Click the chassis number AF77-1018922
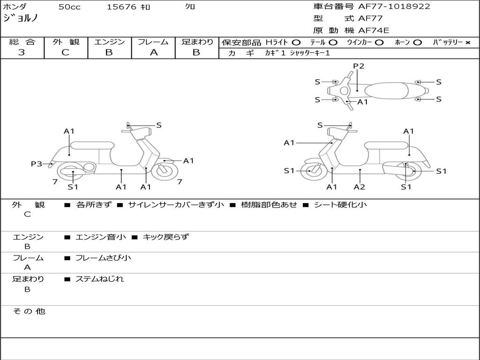coord(394,7)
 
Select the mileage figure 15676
coord(121,7)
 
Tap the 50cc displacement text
coord(69,7)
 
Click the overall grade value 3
coord(22,52)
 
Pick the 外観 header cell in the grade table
coord(66,42)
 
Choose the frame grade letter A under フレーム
coord(154,52)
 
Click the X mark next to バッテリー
coord(468,43)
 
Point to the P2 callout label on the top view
coord(359,66)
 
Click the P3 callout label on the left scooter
coord(37,164)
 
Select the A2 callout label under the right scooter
coord(360,187)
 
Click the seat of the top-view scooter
coord(386,90)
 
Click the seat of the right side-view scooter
coord(387,145)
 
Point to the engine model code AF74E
coord(374,30)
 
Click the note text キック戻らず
coord(165,237)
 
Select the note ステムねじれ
coord(99,279)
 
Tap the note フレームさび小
coord(103,258)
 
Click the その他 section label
coord(29,311)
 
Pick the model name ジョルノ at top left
coord(21,18)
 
